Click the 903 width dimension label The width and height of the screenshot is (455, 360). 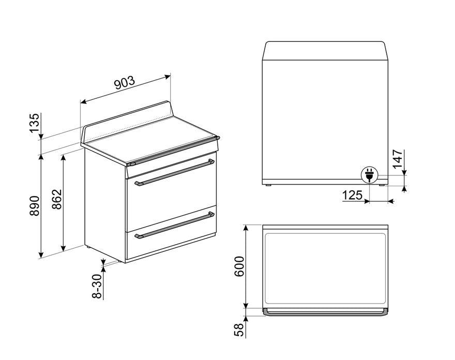tap(125, 83)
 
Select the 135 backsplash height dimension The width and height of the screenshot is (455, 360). tap(34, 123)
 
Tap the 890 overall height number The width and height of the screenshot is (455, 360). tap(34, 205)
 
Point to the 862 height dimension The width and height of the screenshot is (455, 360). tap(57, 199)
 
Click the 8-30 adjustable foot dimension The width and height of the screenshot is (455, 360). tap(97, 286)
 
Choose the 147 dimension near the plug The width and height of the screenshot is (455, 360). tap(398, 159)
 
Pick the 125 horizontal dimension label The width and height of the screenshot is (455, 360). tap(352, 195)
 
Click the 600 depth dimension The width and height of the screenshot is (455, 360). tap(239, 266)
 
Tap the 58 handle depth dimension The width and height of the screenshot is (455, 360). tap(239, 330)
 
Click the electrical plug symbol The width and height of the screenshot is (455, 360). tap(369, 175)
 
